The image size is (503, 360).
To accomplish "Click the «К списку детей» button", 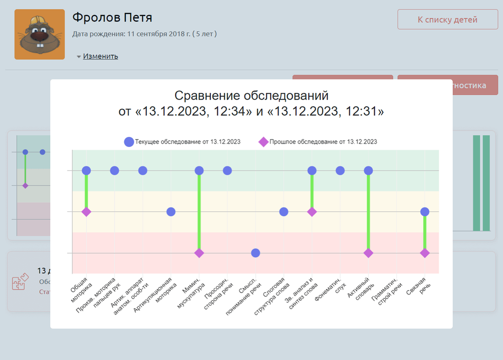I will point(447,20).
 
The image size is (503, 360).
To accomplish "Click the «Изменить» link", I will point(101,56).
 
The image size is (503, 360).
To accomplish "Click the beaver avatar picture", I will point(40,34).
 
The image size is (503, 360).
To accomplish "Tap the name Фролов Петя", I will point(112,17).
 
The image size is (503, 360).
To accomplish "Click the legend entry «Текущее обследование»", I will point(182,142).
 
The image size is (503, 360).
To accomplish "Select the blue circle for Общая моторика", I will point(87,170).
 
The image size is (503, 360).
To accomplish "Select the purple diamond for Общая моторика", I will point(87,211).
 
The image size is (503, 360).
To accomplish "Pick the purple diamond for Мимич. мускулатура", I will point(199,253).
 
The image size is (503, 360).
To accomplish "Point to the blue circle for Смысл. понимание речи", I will point(256,253).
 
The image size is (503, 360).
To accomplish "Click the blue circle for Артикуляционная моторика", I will point(171,211).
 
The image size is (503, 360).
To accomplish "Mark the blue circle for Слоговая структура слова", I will point(284,211).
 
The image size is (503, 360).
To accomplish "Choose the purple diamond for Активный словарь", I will point(368,253).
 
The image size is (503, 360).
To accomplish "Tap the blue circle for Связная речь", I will point(425,211).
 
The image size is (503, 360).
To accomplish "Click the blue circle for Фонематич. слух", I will point(340,170).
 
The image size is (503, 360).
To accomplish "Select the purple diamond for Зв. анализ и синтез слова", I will point(312,211).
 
